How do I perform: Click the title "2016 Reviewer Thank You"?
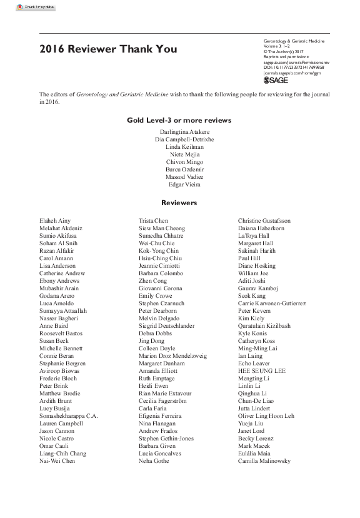[x=108, y=49]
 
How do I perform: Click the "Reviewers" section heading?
[x=179, y=203]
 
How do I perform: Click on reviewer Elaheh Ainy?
[x=55, y=221]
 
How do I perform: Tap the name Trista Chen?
[x=153, y=221]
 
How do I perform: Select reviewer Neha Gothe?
[x=154, y=461]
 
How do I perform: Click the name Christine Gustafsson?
[x=264, y=221]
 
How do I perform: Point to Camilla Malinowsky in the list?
[x=264, y=461]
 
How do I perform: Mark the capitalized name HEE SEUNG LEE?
[x=262, y=371]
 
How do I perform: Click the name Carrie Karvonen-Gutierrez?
[x=272, y=303]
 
